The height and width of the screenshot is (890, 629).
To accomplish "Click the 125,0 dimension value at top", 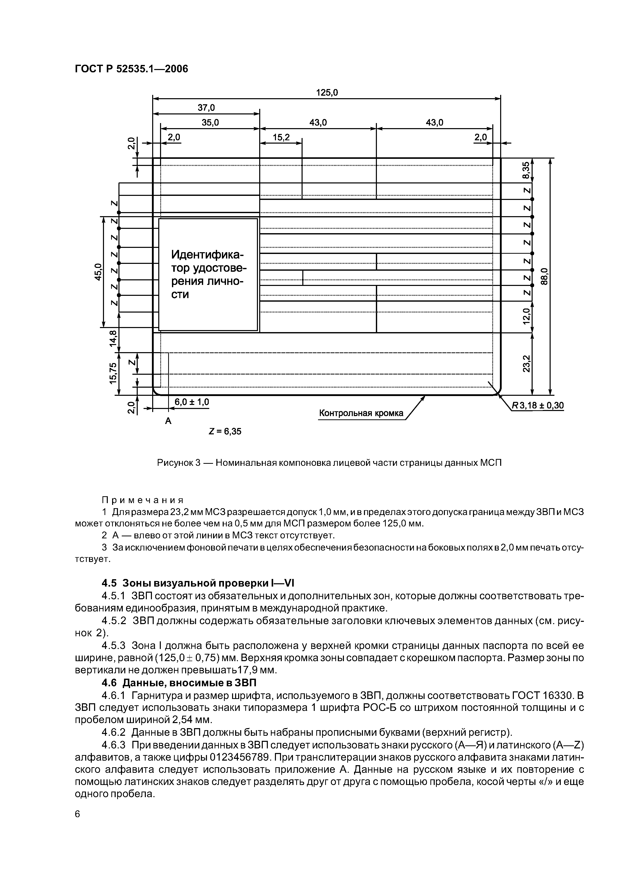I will point(327,93).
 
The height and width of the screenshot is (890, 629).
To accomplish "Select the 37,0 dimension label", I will point(206,107).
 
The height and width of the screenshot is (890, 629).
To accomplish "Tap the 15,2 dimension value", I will point(281,138).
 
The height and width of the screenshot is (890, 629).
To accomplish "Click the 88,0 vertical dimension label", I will point(544,276).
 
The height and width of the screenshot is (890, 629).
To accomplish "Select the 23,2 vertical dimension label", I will point(526,364).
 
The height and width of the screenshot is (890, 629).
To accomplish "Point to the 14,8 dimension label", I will point(113,338).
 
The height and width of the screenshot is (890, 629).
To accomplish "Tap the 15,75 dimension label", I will point(113,373).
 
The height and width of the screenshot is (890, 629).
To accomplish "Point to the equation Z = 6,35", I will point(225,432).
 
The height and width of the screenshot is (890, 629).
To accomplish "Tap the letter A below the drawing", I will point(168,421).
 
